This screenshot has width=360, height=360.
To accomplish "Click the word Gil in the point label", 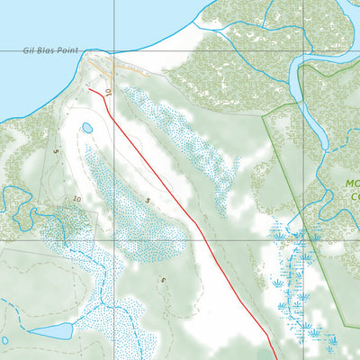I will (29, 51).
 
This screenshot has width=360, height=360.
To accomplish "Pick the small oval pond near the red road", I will (87, 129).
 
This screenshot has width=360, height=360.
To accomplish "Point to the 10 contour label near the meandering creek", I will (77, 199).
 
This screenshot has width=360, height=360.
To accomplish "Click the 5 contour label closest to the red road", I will (148, 200).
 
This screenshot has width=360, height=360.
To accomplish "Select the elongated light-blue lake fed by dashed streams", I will (49, 331).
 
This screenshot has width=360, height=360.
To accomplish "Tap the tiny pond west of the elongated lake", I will (4, 340).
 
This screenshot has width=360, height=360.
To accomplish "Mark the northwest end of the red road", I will (89, 90).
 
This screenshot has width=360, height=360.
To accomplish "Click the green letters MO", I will (352, 184).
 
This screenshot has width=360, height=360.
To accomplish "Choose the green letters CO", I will (355, 197).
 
